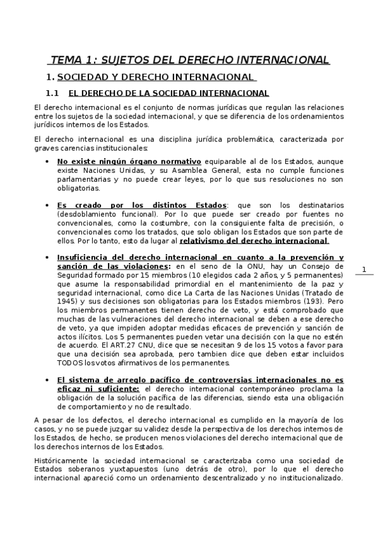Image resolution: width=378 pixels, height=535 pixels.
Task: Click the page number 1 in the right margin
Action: tap(364, 269)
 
